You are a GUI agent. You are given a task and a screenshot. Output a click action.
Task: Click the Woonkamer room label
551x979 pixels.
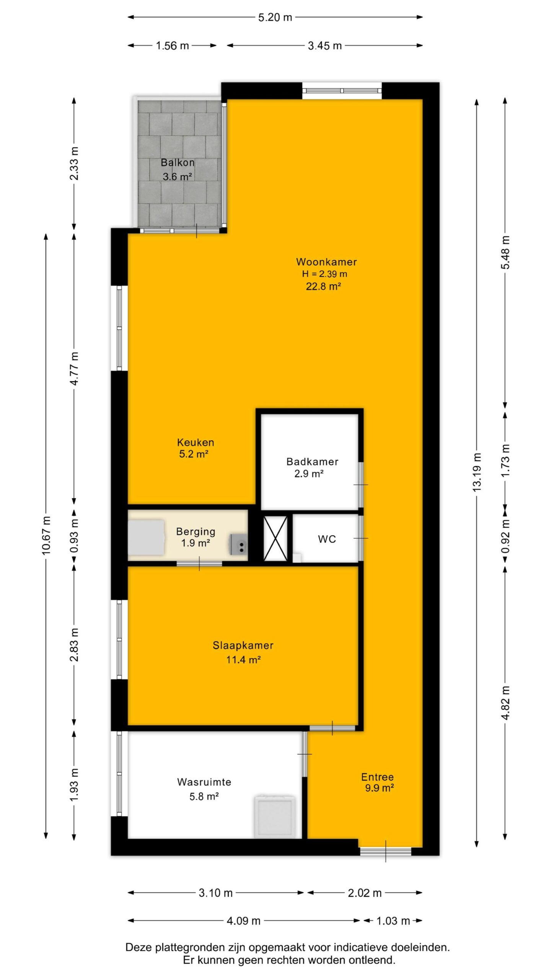click(x=326, y=262)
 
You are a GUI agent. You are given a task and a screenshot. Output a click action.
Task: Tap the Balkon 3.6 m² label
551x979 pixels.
click(x=178, y=169)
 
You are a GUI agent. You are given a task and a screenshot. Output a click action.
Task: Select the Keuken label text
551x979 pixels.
click(x=196, y=442)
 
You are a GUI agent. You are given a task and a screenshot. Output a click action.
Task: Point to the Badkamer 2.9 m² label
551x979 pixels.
click(x=312, y=468)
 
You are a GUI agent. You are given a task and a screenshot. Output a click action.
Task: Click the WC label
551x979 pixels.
click(x=327, y=539)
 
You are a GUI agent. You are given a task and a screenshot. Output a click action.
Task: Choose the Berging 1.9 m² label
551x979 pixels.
click(x=196, y=537)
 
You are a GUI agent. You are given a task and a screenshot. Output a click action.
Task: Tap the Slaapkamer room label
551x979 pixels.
click(x=243, y=646)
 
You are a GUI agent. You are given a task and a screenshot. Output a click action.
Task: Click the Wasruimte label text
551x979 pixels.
click(x=204, y=782)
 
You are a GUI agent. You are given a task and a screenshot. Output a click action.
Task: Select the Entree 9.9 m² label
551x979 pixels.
click(x=378, y=782)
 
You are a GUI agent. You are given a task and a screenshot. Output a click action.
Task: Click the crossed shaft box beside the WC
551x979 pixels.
click(x=275, y=538)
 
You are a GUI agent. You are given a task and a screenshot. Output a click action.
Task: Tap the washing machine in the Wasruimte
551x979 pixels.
click(x=275, y=817)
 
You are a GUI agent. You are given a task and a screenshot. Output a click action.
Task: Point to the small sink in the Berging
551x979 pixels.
click(x=239, y=544)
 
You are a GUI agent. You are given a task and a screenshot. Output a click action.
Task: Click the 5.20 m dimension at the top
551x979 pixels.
click(x=275, y=17)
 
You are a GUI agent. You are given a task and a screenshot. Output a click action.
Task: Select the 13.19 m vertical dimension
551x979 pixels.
click(x=476, y=472)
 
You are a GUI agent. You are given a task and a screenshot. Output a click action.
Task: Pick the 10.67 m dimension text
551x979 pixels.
click(x=46, y=535)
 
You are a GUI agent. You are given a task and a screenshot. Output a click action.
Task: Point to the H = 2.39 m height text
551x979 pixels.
click(x=324, y=274)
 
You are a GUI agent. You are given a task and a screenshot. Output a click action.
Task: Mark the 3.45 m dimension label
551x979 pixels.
click(x=325, y=46)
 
